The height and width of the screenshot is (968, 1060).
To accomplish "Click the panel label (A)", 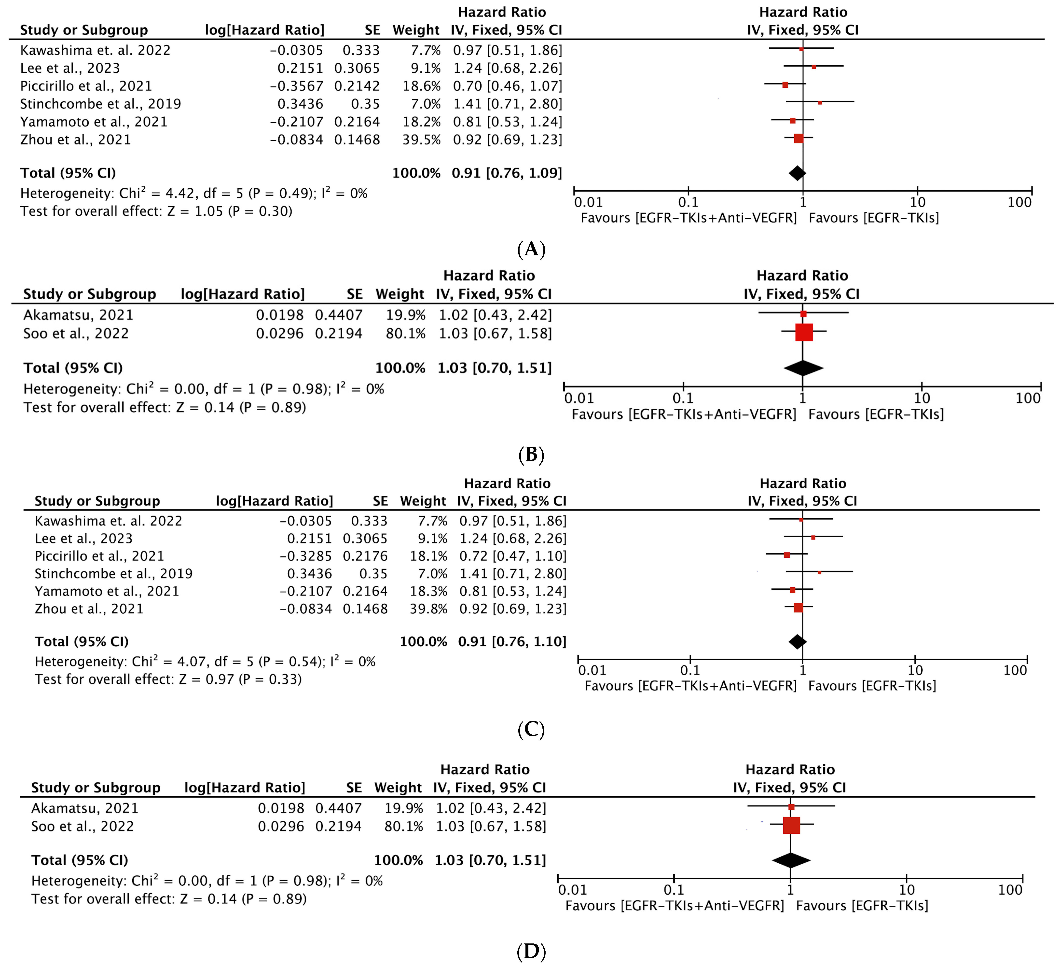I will coord(531,249).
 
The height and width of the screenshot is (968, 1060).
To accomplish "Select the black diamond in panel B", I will coord(803,368).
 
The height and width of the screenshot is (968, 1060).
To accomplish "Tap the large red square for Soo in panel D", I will coord(791,826).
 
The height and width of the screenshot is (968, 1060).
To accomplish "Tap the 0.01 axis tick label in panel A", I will coord(588,202).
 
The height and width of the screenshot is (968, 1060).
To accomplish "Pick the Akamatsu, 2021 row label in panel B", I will coord(78,315).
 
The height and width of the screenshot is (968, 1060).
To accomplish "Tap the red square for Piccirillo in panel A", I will coord(785,85).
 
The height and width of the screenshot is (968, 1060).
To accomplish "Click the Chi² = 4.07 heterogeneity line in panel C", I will coord(205,662).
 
